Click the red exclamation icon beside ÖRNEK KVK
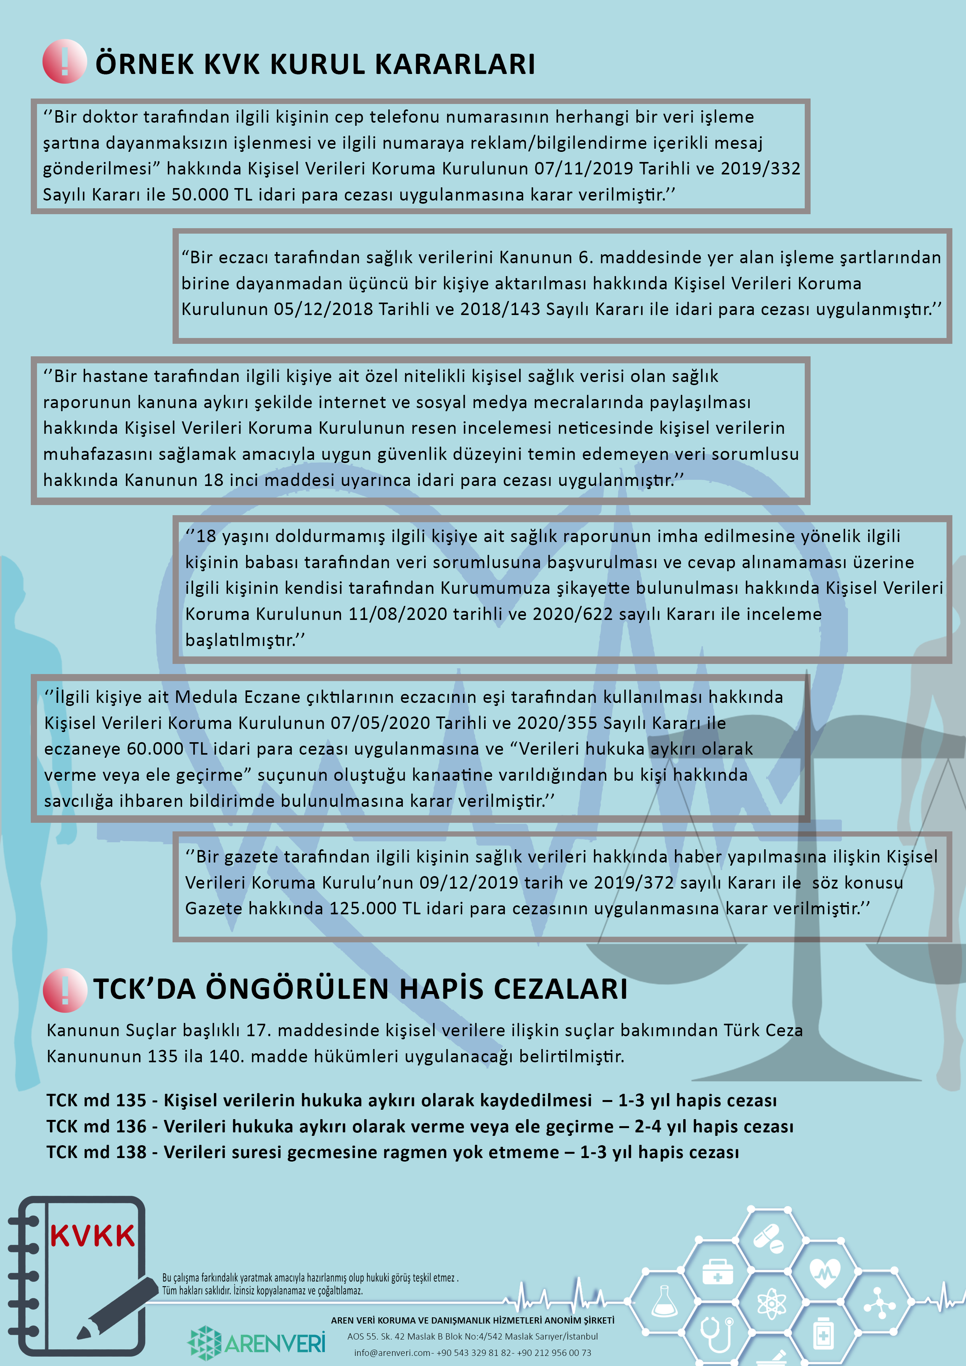coord(64,61)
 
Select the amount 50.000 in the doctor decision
coord(200,195)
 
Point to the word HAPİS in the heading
coord(441,989)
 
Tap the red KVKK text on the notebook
coord(93,1236)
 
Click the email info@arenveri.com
coord(393,1353)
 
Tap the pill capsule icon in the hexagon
coord(768,1235)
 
